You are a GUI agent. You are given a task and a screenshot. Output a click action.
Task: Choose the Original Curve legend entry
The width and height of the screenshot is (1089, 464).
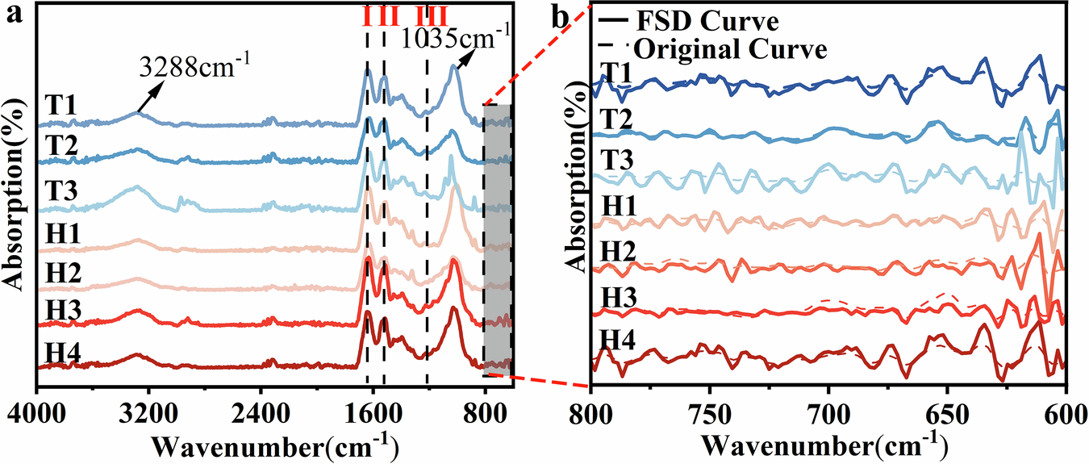tap(730, 49)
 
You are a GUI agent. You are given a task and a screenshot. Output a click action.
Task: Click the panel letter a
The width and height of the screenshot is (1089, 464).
tap(12, 15)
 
